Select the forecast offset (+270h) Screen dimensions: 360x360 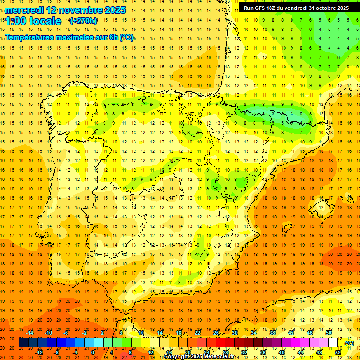[x=83, y=21]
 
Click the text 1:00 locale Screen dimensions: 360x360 [x=33, y=21]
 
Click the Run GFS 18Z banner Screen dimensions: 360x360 [x=296, y=8]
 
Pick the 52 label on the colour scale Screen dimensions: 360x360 [x=337, y=352]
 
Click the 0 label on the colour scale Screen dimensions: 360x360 [x=93, y=352]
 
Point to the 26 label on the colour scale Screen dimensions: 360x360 [x=216, y=333]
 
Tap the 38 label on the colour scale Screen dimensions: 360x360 [x=272, y=333]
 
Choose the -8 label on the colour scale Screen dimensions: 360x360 [x=57, y=352]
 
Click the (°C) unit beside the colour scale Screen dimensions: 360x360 [x=349, y=343]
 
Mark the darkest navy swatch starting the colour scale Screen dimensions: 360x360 [x=23, y=343]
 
